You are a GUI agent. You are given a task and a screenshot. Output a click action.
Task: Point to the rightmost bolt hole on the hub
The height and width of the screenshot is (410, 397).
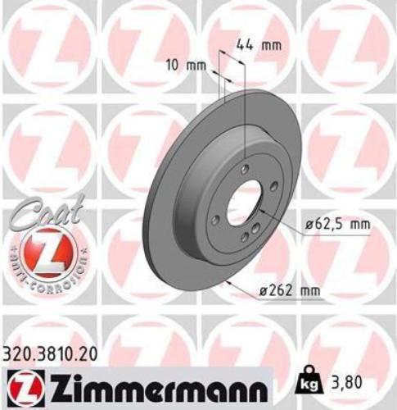point(274,186)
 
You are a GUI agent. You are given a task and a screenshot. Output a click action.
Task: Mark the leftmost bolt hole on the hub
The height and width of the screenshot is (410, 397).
point(214,219)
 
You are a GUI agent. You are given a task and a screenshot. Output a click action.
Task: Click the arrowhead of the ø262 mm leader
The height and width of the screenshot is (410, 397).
point(232,283)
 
